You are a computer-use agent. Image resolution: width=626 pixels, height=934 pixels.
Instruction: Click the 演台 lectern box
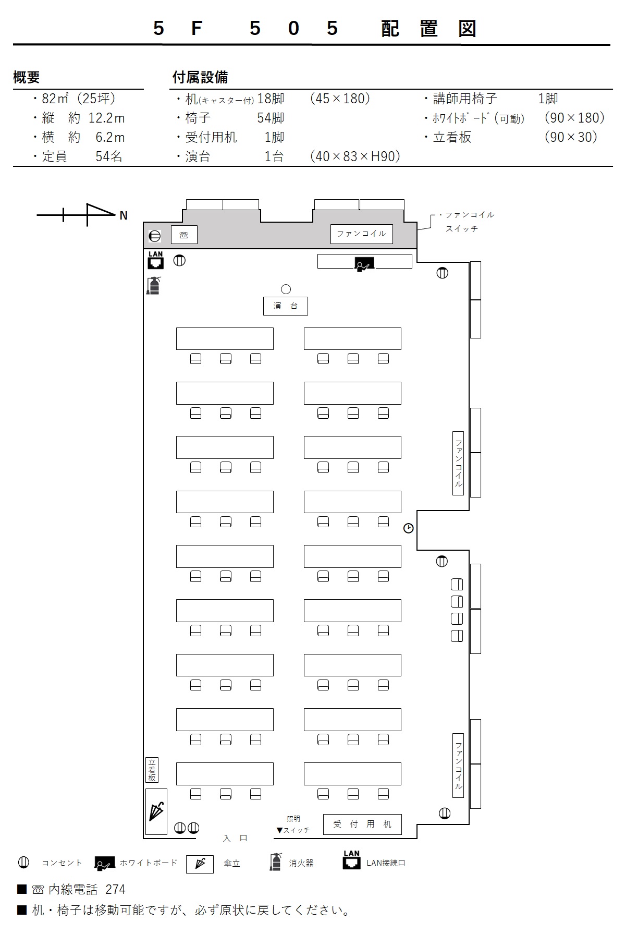point(285,306)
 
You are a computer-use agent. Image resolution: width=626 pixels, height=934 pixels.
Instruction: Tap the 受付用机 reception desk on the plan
point(362,824)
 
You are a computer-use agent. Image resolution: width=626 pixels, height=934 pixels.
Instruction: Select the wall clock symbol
point(409,528)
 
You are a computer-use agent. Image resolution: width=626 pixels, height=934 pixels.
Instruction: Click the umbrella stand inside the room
point(156,811)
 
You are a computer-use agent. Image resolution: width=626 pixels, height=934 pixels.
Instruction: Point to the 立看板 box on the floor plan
point(152,770)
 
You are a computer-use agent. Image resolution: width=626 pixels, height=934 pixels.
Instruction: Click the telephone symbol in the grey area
point(184,235)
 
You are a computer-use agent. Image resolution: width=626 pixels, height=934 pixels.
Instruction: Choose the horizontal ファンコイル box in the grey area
point(362,234)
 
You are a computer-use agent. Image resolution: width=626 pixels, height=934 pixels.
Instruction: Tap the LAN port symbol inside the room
point(155,260)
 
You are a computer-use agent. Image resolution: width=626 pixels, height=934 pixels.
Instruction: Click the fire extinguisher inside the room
point(153,285)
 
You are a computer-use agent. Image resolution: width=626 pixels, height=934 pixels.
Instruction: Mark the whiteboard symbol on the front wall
point(364,264)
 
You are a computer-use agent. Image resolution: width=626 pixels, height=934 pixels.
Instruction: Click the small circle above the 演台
point(286,289)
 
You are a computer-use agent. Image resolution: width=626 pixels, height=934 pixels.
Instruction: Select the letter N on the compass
point(124,215)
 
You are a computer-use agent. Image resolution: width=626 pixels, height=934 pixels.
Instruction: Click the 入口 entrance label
point(235,838)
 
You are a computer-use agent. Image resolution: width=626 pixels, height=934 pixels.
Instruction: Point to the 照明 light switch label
point(293,819)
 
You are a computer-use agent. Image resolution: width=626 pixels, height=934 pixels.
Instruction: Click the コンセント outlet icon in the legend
point(23,863)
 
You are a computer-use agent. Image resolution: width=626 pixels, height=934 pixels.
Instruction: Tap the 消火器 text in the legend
point(301,863)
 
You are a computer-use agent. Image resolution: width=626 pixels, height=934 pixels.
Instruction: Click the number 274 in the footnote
point(115,889)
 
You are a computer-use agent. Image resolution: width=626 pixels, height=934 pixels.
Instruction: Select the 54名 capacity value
point(109,156)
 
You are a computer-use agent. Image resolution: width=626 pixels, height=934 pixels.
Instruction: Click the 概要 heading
point(27,78)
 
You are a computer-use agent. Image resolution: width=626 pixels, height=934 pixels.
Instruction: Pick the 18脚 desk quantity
point(271,99)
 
